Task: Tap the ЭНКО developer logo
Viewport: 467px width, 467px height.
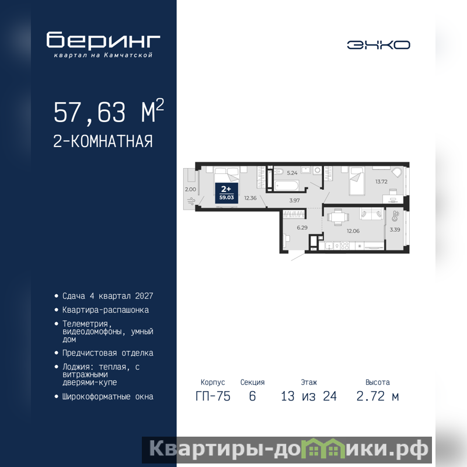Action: tap(378, 45)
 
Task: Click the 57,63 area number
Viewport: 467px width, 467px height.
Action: tap(90, 113)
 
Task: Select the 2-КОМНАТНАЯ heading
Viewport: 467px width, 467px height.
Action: tap(103, 141)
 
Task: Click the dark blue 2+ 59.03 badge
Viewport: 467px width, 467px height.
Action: tap(226, 193)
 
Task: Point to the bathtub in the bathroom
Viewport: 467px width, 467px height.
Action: tap(286, 186)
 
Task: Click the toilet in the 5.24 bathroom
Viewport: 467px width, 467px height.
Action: tap(279, 172)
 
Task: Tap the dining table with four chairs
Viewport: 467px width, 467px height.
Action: tap(338, 217)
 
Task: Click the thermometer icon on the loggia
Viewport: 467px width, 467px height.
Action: tap(396, 216)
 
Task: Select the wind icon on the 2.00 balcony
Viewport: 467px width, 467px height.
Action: tap(191, 201)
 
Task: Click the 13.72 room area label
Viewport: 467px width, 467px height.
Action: tap(381, 182)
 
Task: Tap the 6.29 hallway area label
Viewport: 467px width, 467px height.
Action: tap(302, 228)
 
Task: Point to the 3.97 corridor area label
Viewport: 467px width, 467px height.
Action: tap(294, 200)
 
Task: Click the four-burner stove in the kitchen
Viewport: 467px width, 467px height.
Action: tap(345, 246)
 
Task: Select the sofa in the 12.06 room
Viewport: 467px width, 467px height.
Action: tap(371, 214)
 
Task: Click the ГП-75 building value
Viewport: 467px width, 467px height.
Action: tap(213, 396)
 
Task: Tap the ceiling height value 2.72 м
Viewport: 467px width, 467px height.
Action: tap(378, 396)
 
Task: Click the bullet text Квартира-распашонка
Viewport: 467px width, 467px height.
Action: tap(106, 310)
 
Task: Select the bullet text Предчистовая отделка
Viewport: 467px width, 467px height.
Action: tap(108, 353)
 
